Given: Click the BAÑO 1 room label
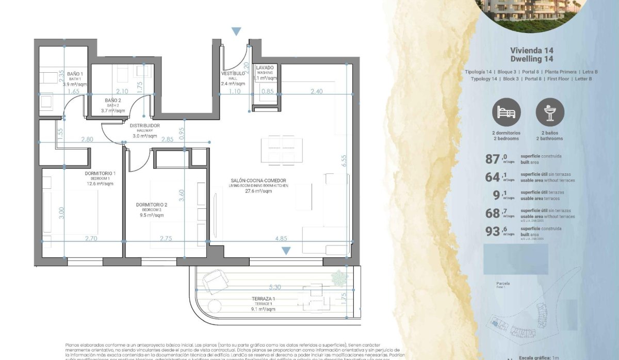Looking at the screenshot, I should click(75, 74).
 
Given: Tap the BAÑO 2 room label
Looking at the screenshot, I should click(113, 100).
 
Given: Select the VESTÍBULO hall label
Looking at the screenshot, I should click(233, 73).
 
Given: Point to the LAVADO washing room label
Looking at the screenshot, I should click(265, 68).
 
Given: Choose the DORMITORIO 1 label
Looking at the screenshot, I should click(100, 173).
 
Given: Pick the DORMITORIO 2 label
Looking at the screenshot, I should click(151, 205).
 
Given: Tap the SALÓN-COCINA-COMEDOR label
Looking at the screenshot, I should click(259, 181).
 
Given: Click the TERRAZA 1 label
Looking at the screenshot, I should click(263, 299).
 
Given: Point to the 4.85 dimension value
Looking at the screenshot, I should click(281, 239).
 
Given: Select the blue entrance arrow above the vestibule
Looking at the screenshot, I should click(236, 32).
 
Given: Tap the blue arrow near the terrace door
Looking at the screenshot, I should click(286, 251).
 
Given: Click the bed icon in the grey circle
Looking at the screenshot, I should click(506, 112).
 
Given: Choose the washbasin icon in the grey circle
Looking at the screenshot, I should click(550, 112).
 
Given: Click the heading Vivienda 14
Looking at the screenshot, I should click(531, 51).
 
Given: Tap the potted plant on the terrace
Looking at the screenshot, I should click(339, 278).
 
